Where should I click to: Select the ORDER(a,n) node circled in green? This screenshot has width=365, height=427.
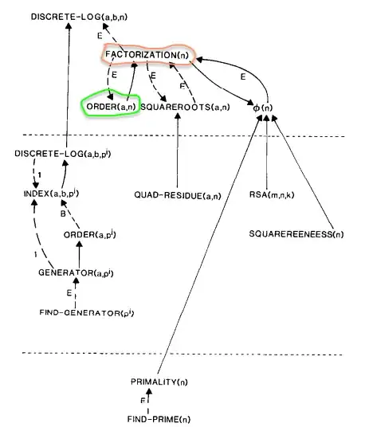point(112,106)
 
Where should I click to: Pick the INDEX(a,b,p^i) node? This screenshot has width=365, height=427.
point(51,194)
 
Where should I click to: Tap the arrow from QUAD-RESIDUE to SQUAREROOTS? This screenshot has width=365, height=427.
point(176,151)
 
